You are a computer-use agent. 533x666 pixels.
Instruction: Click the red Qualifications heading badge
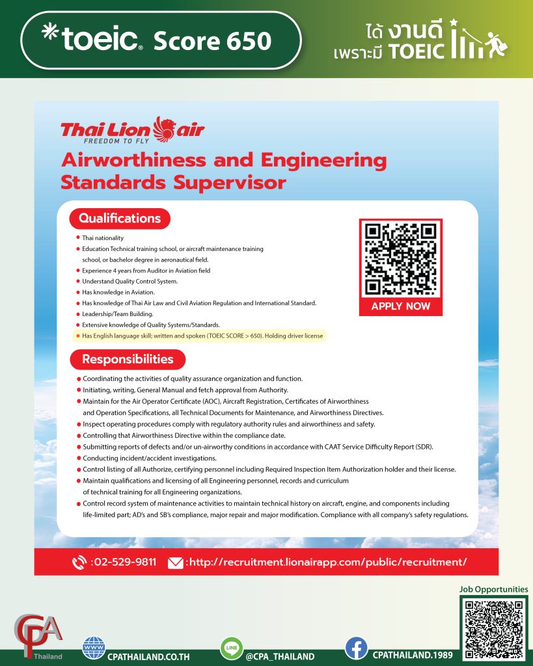[x=120, y=219]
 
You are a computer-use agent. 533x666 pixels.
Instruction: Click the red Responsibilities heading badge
[x=128, y=359]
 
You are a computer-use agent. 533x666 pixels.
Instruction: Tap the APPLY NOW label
[x=400, y=306]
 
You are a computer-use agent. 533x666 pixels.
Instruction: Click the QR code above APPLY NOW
[x=400, y=258]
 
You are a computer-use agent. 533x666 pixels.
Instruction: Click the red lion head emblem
[x=165, y=127]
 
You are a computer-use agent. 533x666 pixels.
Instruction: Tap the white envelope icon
[x=175, y=563]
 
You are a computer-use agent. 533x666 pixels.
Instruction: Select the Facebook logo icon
[x=356, y=648]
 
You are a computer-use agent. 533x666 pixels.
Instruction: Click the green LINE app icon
[x=231, y=648]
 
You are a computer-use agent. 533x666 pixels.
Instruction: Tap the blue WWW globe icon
[x=94, y=648]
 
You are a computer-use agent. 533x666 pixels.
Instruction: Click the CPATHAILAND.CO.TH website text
[x=148, y=656]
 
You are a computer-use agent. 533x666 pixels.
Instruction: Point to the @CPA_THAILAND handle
[x=280, y=656]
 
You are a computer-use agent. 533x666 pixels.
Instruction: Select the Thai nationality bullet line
[x=102, y=238]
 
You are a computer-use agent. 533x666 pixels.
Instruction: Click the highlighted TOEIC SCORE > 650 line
[x=202, y=336]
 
